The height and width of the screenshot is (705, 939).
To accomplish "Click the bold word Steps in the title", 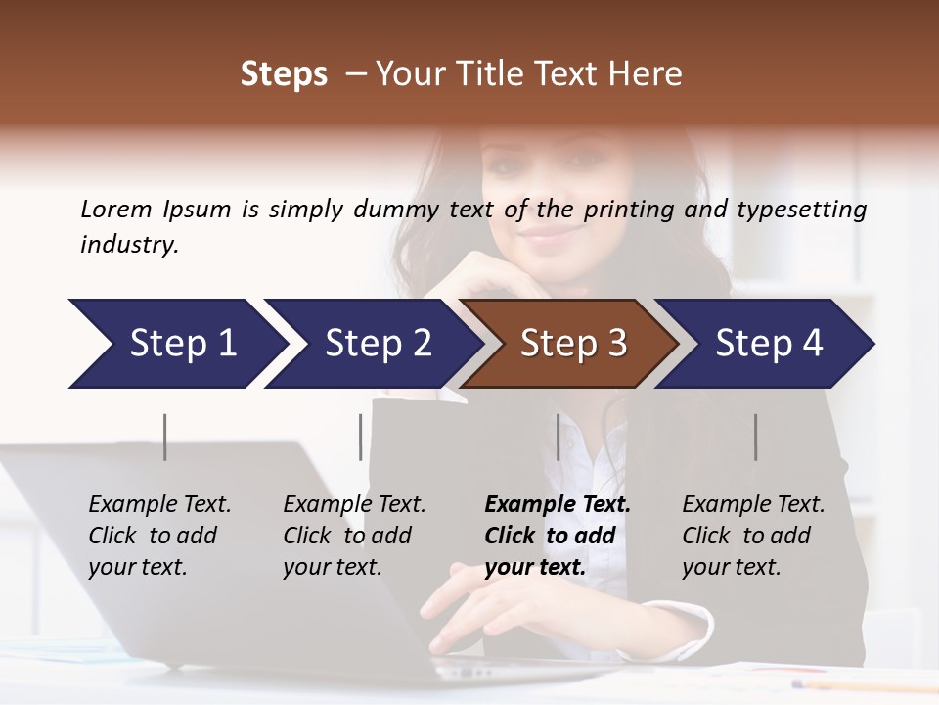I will [x=284, y=74].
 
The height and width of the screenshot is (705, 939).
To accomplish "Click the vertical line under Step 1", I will [x=165, y=437].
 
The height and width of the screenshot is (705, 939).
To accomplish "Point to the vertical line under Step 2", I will [x=361, y=437].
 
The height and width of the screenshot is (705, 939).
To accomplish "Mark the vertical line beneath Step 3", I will [x=559, y=437].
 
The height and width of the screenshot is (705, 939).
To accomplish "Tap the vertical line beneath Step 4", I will [x=756, y=437].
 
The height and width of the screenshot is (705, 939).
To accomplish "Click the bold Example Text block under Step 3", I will [x=557, y=536].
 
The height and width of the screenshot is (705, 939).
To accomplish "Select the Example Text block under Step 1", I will [x=159, y=536].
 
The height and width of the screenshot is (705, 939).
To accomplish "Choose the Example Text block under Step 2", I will [x=354, y=536].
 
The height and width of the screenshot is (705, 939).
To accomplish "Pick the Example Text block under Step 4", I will [x=753, y=536].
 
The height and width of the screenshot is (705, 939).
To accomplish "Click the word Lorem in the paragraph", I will [x=116, y=209].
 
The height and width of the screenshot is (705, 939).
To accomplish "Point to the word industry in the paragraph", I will [x=129, y=245].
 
